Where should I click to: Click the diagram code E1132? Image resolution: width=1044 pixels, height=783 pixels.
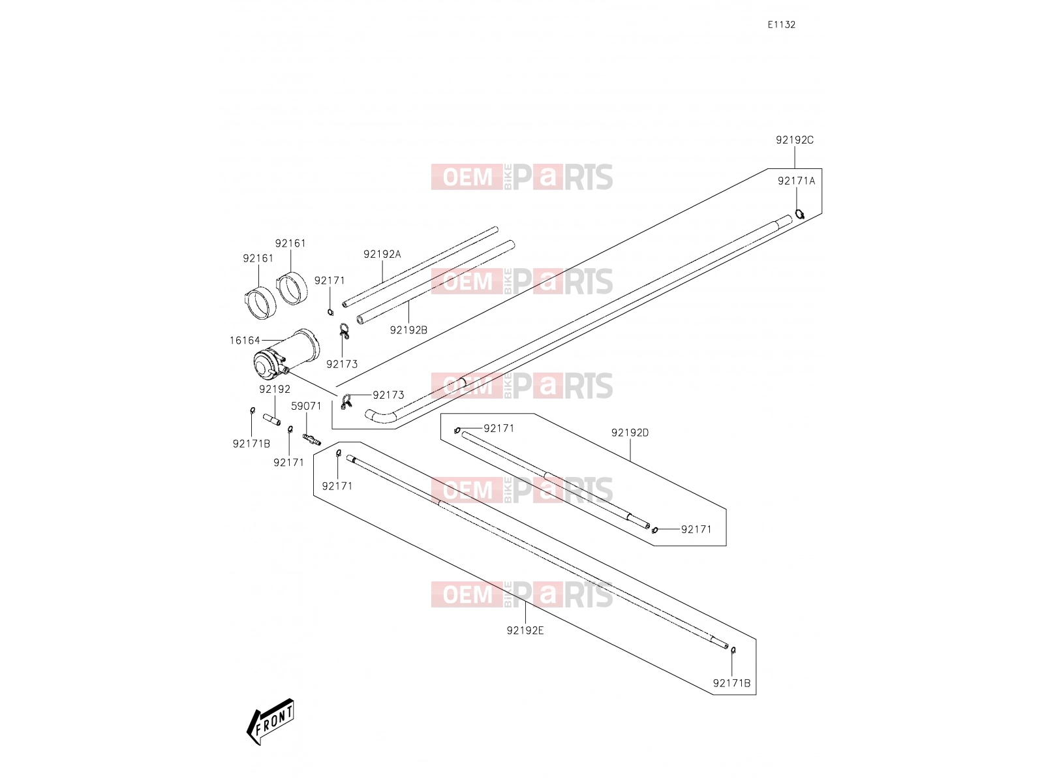(781, 25)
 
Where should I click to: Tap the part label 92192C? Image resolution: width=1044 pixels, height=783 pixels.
(794, 140)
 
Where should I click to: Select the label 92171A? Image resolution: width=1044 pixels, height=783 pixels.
(796, 181)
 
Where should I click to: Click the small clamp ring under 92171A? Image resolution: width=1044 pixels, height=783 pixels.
(799, 214)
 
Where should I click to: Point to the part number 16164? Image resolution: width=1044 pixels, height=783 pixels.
(245, 341)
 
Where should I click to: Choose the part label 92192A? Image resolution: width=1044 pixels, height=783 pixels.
(382, 254)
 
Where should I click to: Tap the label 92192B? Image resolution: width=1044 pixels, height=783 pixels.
(408, 330)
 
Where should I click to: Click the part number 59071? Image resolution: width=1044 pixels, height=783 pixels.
(306, 407)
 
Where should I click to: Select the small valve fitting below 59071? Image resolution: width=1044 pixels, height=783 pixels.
(311, 439)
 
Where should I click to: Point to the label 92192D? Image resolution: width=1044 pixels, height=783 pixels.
(630, 433)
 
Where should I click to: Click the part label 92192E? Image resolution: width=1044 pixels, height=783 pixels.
(525, 631)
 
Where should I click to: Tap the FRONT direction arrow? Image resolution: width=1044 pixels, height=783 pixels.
(270, 721)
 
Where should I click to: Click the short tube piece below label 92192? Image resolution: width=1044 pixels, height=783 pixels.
(271, 420)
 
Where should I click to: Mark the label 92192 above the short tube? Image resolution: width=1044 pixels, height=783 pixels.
(275, 390)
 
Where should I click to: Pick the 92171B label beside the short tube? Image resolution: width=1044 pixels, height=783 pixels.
(251, 444)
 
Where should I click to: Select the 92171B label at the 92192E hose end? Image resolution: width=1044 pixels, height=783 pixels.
(731, 684)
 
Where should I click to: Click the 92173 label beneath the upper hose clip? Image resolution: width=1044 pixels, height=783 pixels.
(341, 365)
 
